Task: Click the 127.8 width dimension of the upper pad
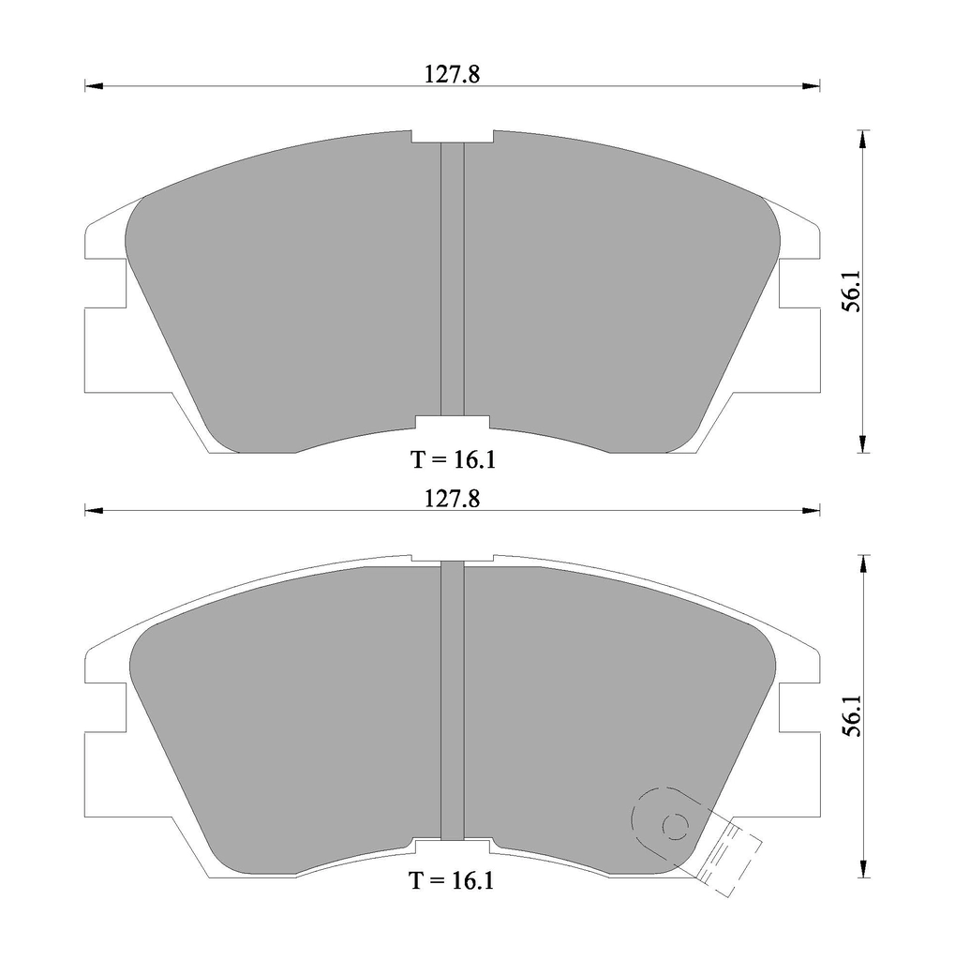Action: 453,75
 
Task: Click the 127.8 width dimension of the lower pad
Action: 453,500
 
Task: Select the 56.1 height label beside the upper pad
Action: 852,292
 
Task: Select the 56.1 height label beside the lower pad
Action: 852,715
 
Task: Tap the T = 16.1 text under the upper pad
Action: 453,459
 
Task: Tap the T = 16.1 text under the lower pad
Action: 451,881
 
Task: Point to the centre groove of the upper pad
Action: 453,279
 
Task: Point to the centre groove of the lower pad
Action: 453,701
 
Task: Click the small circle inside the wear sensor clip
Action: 675,828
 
